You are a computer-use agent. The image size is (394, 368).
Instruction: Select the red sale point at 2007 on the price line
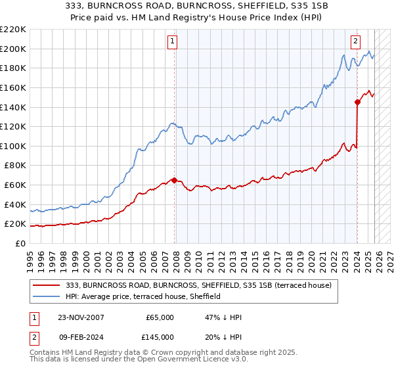click(x=174, y=179)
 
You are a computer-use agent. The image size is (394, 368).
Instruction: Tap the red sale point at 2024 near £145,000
click(x=357, y=102)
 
